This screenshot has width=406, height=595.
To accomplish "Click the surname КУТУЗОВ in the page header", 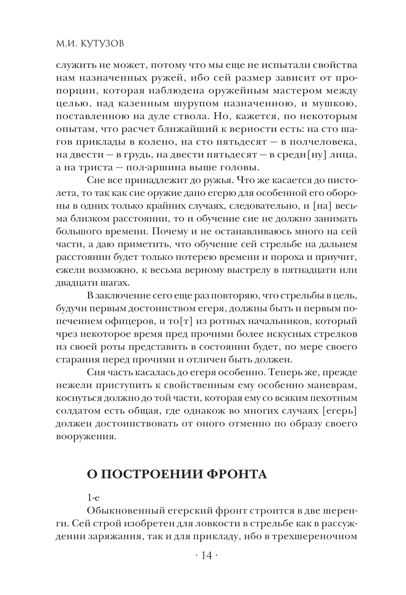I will (99, 43).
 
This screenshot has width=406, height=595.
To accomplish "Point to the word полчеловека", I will (322, 142).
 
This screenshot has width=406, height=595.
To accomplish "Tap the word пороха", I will (283, 257).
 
